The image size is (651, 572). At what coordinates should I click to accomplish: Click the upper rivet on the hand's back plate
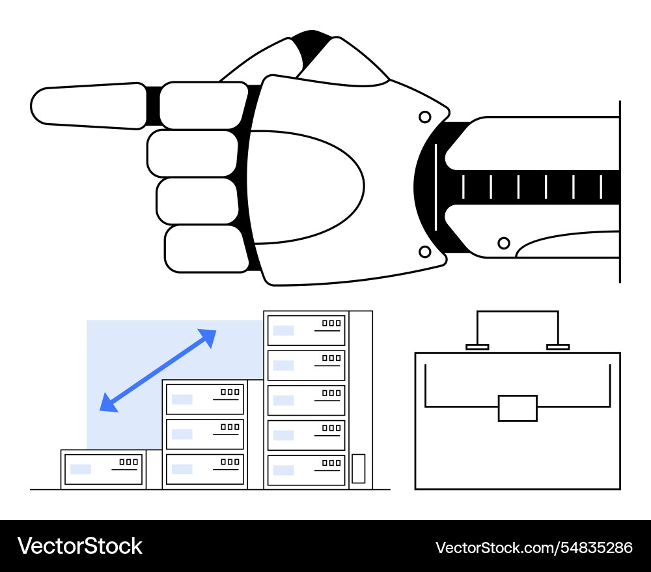[424, 117]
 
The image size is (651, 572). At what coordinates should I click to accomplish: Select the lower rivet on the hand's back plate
[424, 251]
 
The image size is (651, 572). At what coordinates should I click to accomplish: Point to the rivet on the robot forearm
[503, 243]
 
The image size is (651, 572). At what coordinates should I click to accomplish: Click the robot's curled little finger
[205, 248]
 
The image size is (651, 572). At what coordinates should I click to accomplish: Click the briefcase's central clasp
[518, 408]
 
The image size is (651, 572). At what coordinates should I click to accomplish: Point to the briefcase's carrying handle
[518, 313]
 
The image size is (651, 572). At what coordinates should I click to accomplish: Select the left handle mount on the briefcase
[477, 347]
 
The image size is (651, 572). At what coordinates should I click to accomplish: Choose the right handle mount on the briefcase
[558, 347]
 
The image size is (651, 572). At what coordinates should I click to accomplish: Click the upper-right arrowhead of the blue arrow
[208, 336]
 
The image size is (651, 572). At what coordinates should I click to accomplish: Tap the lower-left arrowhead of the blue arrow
[107, 405]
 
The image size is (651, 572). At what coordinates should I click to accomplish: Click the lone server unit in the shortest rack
[103, 468]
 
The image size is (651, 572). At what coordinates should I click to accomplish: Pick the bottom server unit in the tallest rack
[306, 470]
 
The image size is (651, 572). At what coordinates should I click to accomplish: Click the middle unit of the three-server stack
[205, 434]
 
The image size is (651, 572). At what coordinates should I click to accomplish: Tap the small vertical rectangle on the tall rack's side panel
[358, 468]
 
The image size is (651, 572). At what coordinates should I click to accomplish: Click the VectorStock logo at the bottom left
[80, 546]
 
